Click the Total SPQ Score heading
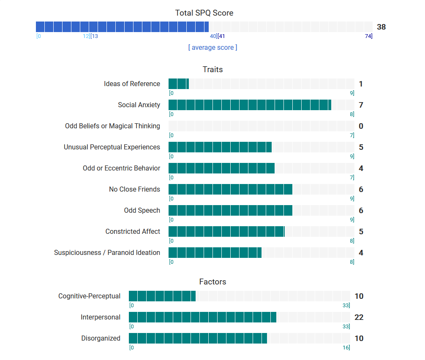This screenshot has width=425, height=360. click(x=204, y=13)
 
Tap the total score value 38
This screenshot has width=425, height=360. click(x=381, y=27)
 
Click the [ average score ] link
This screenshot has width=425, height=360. click(x=212, y=48)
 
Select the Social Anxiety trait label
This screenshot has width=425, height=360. click(x=139, y=105)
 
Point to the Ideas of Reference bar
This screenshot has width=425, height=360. click(x=261, y=84)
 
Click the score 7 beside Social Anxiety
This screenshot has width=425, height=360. click(x=361, y=105)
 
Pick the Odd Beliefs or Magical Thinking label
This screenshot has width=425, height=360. click(x=112, y=126)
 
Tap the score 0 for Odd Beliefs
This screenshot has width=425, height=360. click(x=361, y=126)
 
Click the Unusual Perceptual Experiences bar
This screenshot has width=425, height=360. click(x=261, y=147)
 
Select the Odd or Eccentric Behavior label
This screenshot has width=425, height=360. click(x=121, y=168)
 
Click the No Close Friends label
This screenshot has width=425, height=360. click(x=134, y=189)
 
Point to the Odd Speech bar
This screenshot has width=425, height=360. click(x=261, y=210)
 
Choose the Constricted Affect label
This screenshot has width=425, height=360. click(x=133, y=231)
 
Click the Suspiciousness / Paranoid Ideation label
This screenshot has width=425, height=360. click(x=107, y=252)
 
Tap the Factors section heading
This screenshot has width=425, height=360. click(x=212, y=282)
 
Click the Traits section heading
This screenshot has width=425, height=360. click(x=212, y=70)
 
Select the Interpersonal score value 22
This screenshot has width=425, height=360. click(x=359, y=317)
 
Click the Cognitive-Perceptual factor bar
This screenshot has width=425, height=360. click(x=239, y=296)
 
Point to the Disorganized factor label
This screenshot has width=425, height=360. click(x=101, y=338)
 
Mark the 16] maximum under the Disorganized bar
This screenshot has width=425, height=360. click(x=346, y=348)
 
